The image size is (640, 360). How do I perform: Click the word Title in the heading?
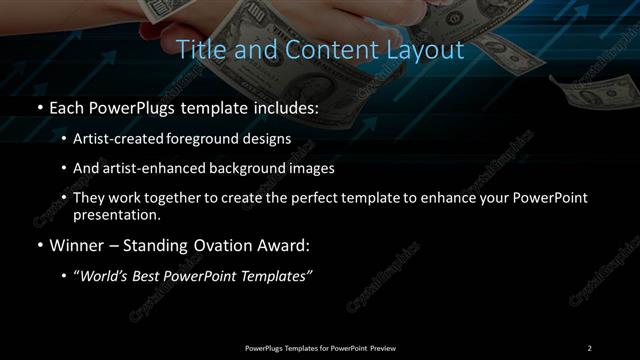point(198,49)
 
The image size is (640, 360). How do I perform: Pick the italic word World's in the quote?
point(105,275)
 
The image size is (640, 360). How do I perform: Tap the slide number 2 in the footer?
point(589,347)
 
